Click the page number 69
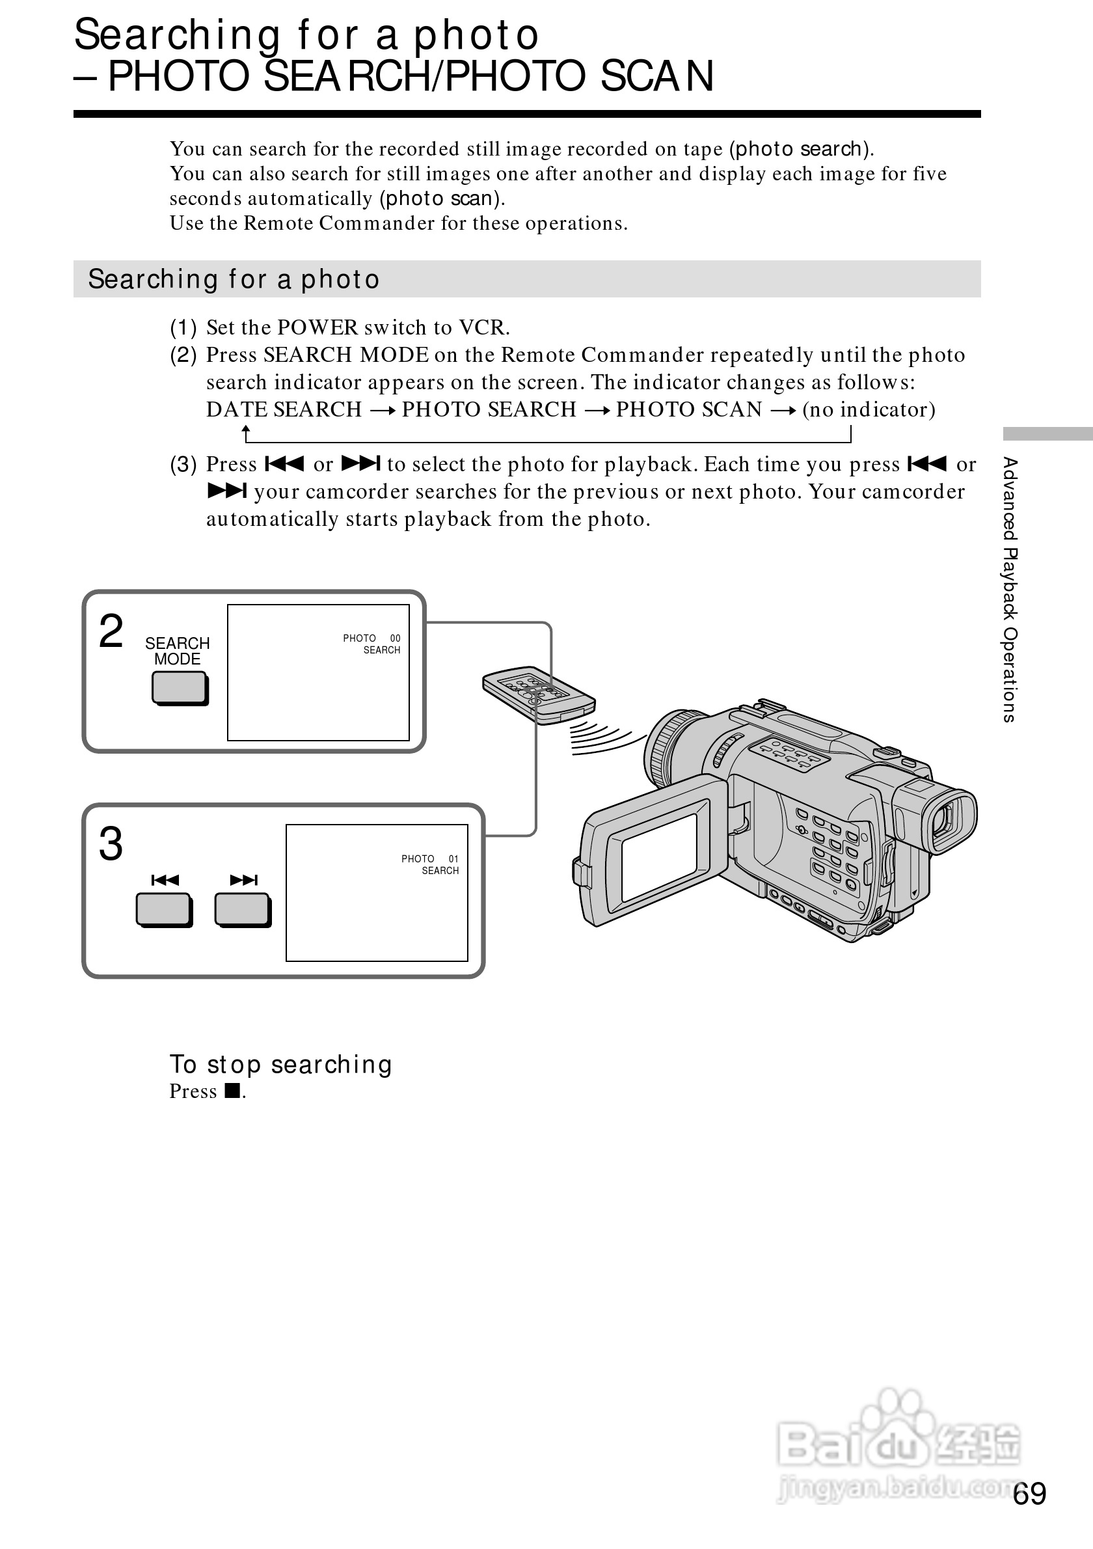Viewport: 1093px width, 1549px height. tap(1030, 1494)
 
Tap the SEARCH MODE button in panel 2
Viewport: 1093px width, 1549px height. tap(180, 689)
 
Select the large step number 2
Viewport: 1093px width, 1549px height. tap(111, 631)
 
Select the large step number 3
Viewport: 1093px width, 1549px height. tap(111, 844)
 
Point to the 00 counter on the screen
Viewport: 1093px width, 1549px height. tap(395, 638)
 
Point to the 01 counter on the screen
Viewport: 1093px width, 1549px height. tap(453, 859)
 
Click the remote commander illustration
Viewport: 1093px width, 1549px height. tap(539, 695)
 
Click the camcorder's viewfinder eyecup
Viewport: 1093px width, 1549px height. tap(951, 819)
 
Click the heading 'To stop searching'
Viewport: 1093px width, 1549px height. tap(280, 1065)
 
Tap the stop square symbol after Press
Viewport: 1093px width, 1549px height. tap(233, 1091)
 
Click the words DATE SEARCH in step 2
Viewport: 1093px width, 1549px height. tap(284, 409)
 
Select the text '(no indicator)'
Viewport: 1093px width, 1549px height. tap(869, 409)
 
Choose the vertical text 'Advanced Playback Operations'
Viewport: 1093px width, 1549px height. tap(1009, 590)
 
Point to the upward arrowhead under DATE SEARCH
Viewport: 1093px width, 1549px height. tap(247, 429)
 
